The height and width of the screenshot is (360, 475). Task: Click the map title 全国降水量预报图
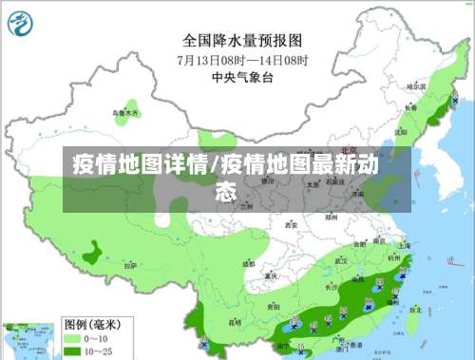242,41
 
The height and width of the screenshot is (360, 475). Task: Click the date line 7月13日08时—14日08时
242,59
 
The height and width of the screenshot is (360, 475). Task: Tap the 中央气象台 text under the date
242,76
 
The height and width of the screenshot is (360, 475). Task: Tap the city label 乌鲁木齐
126,114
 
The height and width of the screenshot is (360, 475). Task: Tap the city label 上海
404,245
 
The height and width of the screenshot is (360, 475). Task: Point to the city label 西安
291,226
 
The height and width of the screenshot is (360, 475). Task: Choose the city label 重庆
271,275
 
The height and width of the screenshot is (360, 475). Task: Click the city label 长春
410,108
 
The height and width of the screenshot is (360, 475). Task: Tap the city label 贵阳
273,308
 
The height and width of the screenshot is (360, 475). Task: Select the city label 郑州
332,217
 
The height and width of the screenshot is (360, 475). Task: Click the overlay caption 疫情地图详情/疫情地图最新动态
226,178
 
